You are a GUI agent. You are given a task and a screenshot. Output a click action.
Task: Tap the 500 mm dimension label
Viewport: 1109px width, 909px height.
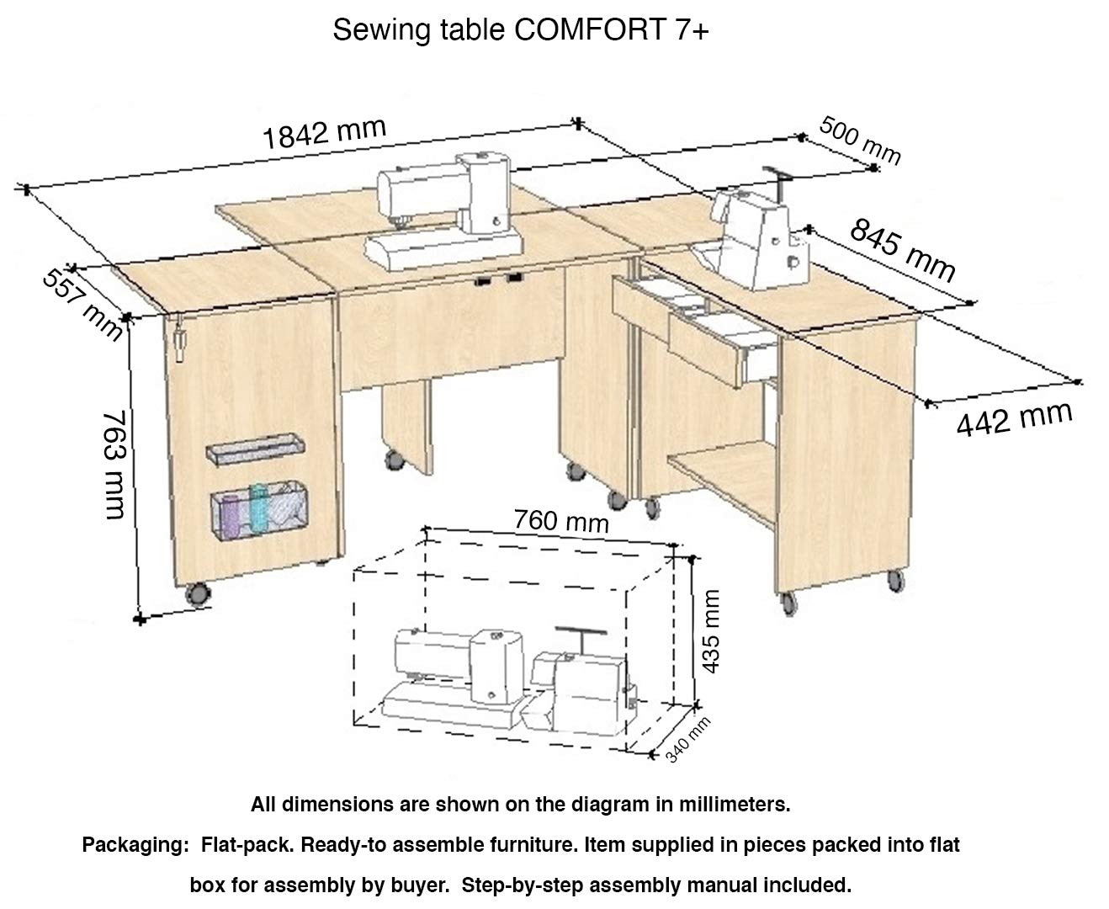859,141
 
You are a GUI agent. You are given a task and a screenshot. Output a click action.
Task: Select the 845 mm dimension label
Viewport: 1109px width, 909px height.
902,250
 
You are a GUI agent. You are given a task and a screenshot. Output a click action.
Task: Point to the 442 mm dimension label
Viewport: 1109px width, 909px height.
1014,417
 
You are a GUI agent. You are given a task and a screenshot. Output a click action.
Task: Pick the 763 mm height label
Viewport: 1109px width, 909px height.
113,464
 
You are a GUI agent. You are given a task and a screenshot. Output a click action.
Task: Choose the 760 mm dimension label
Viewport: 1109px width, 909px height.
560,521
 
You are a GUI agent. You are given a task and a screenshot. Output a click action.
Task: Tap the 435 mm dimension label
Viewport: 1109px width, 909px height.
711,631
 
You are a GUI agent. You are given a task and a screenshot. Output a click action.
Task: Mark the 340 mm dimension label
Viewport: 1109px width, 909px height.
687,739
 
